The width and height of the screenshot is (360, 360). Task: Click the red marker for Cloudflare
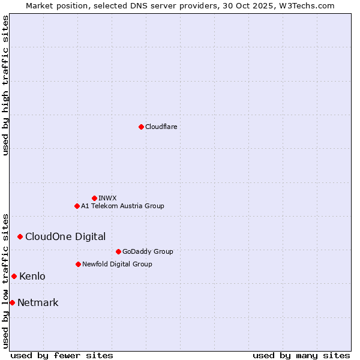[x=141, y=127]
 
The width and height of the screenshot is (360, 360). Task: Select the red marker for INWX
[x=94, y=198]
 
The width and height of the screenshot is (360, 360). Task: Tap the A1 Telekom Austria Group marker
[x=77, y=206]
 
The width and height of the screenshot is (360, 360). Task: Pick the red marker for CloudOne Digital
[x=20, y=236]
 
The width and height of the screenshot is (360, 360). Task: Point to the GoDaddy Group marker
[x=118, y=251]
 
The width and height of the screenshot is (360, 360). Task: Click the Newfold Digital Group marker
[x=78, y=264]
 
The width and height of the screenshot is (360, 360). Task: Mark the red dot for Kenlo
[x=14, y=276]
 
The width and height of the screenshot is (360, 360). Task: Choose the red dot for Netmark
[x=12, y=302]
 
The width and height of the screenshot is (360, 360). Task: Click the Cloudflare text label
[x=161, y=127]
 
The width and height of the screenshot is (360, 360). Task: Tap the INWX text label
[x=107, y=198]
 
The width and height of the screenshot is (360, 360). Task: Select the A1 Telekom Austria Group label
[x=122, y=206]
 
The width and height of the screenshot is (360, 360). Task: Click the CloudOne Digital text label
[x=65, y=236]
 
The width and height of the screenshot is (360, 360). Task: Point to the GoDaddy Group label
[x=148, y=251]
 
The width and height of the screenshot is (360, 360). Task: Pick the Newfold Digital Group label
[x=117, y=264]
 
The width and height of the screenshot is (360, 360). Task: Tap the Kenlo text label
[x=32, y=276]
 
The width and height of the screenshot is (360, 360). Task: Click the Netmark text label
[x=38, y=302]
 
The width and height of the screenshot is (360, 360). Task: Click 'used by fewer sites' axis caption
[x=62, y=355]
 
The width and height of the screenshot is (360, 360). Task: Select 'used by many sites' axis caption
[x=301, y=355]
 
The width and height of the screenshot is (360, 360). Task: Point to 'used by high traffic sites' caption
[x=5, y=85]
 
